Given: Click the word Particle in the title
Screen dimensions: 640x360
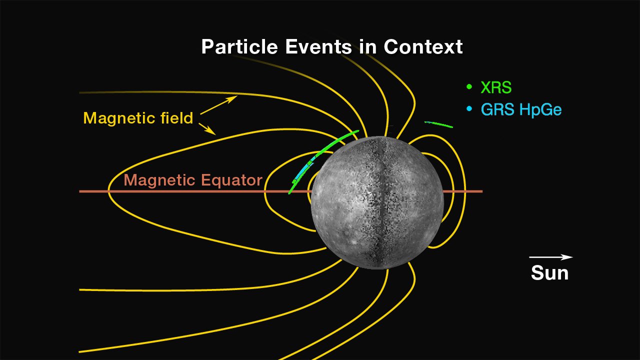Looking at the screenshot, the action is click(239, 46).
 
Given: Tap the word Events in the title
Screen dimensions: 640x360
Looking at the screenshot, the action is click(318, 46).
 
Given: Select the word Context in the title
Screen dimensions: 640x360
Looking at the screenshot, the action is click(423, 46).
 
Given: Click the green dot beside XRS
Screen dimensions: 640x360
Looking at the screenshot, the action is click(469, 86).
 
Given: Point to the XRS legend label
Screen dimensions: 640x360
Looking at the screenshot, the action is click(496, 87).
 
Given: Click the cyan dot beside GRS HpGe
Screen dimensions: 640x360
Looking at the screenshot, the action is click(469, 108).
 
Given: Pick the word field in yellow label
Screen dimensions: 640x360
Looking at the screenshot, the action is click(177, 117).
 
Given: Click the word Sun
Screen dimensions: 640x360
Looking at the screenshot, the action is click(549, 272).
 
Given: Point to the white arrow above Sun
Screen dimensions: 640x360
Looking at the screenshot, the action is click(551, 257).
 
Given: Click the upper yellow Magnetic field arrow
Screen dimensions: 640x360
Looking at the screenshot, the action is click(218, 105).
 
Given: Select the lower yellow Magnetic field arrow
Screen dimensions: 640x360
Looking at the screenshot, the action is click(207, 129).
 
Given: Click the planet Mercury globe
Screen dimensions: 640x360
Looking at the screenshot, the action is click(377, 202).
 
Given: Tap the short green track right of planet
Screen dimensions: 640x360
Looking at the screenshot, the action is click(438, 124).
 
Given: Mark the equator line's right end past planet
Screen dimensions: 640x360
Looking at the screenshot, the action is click(482, 191).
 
